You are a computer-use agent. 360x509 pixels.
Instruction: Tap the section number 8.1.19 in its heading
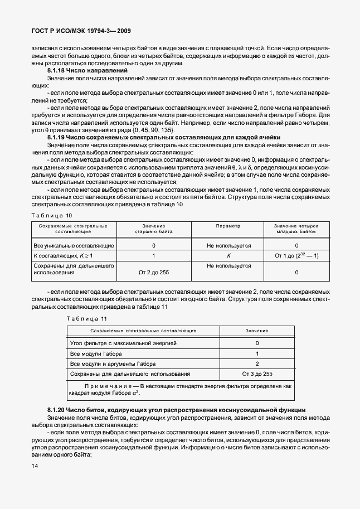[57, 137]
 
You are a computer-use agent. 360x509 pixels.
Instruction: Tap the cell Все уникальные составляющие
[74, 245]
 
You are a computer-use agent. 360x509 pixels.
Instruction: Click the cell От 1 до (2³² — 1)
[296, 255]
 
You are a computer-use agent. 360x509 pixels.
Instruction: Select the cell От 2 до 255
[153, 272]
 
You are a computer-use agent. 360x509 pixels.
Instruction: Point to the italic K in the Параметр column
[228, 255]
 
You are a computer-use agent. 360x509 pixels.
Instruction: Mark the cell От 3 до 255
[257, 374]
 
